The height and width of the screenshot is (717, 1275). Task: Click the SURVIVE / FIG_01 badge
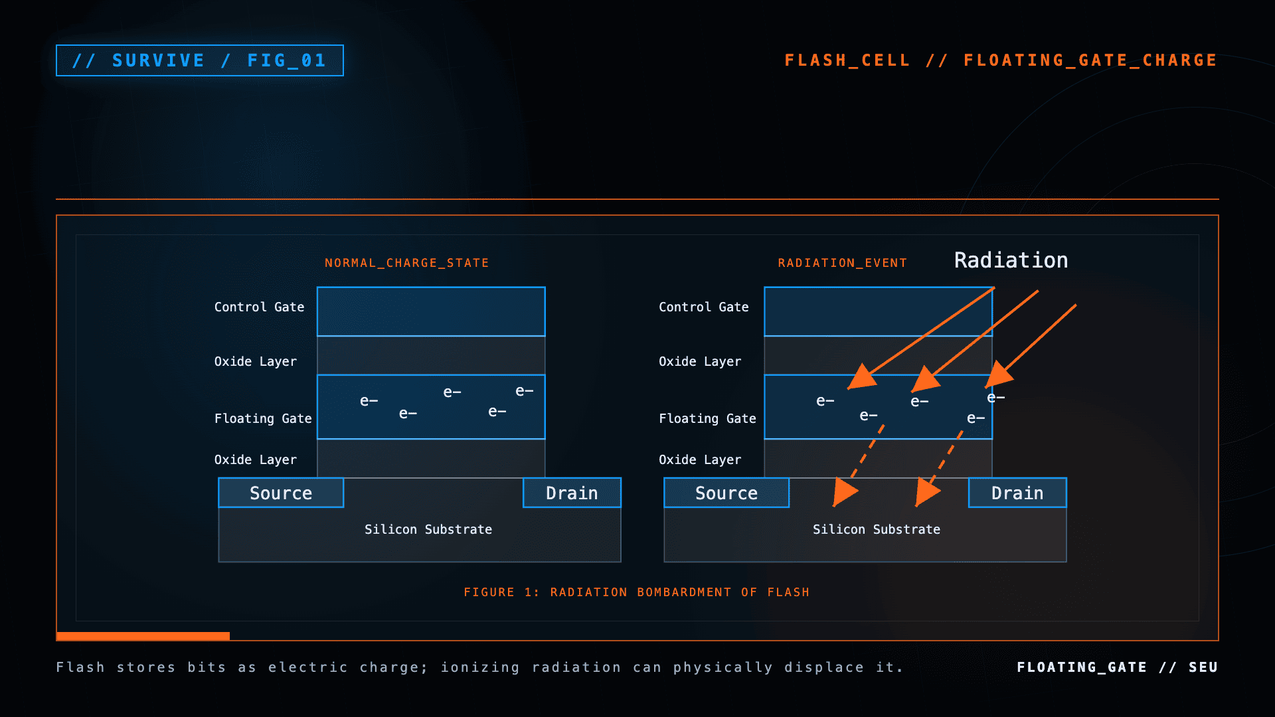[x=200, y=60]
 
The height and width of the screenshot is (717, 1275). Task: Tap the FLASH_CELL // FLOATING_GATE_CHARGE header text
[x=1001, y=60]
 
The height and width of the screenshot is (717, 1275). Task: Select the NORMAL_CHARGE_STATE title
[x=406, y=263]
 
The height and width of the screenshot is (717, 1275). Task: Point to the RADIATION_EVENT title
[x=842, y=263]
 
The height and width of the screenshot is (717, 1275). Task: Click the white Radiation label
[x=1011, y=260]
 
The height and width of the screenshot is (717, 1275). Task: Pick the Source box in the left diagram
[x=281, y=493]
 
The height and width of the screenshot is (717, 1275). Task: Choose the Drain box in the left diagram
[x=572, y=493]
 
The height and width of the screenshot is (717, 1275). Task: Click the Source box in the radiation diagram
[x=726, y=493]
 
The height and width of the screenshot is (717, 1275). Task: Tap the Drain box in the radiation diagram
[x=1017, y=493]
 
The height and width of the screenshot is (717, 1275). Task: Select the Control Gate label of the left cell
[x=259, y=307]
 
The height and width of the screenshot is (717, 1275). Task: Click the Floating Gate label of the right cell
[x=707, y=418]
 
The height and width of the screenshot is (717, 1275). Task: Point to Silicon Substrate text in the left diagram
[x=428, y=529]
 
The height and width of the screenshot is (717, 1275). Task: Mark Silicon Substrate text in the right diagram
[x=877, y=529]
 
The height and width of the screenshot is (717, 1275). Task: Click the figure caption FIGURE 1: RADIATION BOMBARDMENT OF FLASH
[x=637, y=592]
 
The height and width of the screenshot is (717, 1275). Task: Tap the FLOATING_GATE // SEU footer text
[x=1118, y=667]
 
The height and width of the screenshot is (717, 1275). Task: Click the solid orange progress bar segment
[x=143, y=636]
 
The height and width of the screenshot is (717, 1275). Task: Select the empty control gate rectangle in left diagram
[x=431, y=311]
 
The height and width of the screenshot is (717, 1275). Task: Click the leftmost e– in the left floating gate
[x=369, y=401]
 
